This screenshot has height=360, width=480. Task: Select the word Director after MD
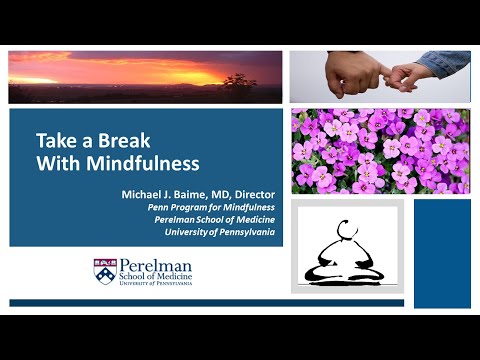point(252,191)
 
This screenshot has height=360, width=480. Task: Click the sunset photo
point(145,77)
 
